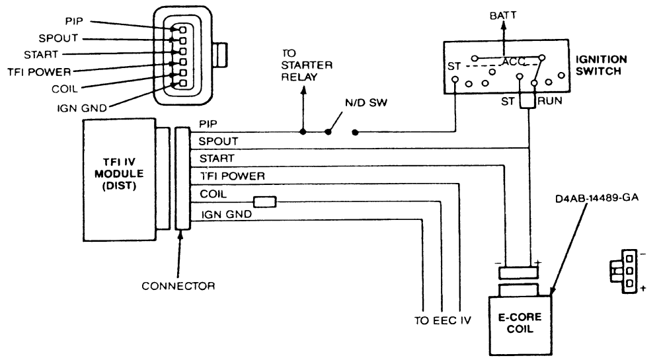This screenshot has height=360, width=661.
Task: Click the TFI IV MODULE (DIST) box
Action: (119, 180)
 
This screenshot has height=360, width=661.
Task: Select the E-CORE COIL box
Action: (520, 326)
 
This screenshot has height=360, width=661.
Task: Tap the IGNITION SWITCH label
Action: (601, 65)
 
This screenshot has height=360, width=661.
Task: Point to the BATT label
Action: (503, 16)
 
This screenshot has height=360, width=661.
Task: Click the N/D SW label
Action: (366, 103)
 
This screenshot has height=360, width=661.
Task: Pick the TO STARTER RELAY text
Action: (307, 65)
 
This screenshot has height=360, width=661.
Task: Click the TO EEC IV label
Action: (443, 321)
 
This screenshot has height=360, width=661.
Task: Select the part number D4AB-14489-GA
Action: (596, 198)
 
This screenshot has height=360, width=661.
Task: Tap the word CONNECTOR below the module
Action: (178, 286)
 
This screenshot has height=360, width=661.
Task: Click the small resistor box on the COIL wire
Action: (265, 202)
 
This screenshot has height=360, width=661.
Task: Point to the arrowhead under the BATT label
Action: (503, 26)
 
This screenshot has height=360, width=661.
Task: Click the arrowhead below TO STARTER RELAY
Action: (303, 90)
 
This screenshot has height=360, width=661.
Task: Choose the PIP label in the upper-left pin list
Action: (74, 21)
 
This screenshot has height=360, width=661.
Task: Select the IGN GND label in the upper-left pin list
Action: (82, 108)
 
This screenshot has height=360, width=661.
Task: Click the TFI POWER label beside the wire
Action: (233, 176)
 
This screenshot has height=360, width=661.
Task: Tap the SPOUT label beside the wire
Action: (218, 141)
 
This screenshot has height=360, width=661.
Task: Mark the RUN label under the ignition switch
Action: (550, 101)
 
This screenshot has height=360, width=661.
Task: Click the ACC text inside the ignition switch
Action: (513, 62)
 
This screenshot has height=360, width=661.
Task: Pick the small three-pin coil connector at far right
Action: (624, 271)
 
